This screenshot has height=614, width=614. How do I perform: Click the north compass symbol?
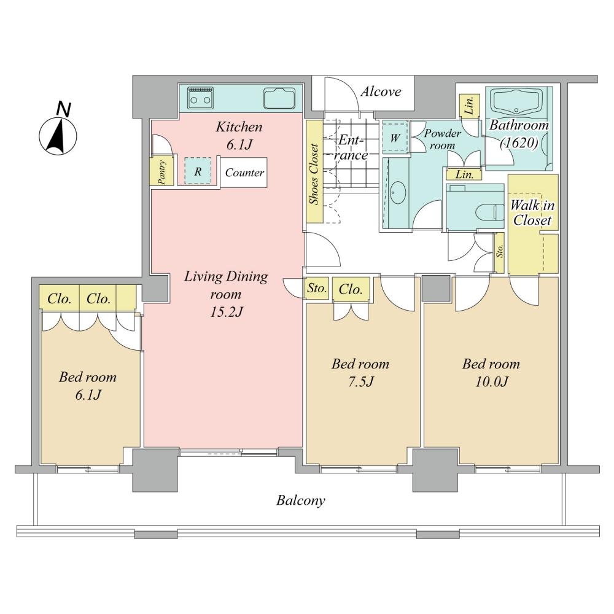pos(58,131)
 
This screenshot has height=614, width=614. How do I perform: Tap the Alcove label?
pos(381,91)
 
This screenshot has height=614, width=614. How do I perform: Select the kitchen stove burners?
pos(201,98)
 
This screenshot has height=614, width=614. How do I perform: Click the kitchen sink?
pos(279,98)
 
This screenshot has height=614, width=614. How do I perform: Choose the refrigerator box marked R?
pos(198,171)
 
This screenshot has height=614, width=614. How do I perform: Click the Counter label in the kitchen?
pos(245,173)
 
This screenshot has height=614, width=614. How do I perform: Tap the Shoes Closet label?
pos(314,174)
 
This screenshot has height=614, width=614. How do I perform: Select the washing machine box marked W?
pos(395,138)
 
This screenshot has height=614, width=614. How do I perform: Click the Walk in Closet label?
pos(532,213)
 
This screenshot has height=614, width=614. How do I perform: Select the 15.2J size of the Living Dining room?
pos(227,312)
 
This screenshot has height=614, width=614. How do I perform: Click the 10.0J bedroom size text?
pos(491,381)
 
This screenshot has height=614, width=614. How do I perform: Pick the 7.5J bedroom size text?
pos(360,381)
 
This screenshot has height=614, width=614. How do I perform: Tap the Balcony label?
pos(300,501)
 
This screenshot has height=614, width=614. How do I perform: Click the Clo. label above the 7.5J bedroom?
pos(351,290)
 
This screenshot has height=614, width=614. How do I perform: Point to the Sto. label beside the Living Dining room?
pos(316,289)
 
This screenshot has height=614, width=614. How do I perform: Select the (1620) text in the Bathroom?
pos(519,142)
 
